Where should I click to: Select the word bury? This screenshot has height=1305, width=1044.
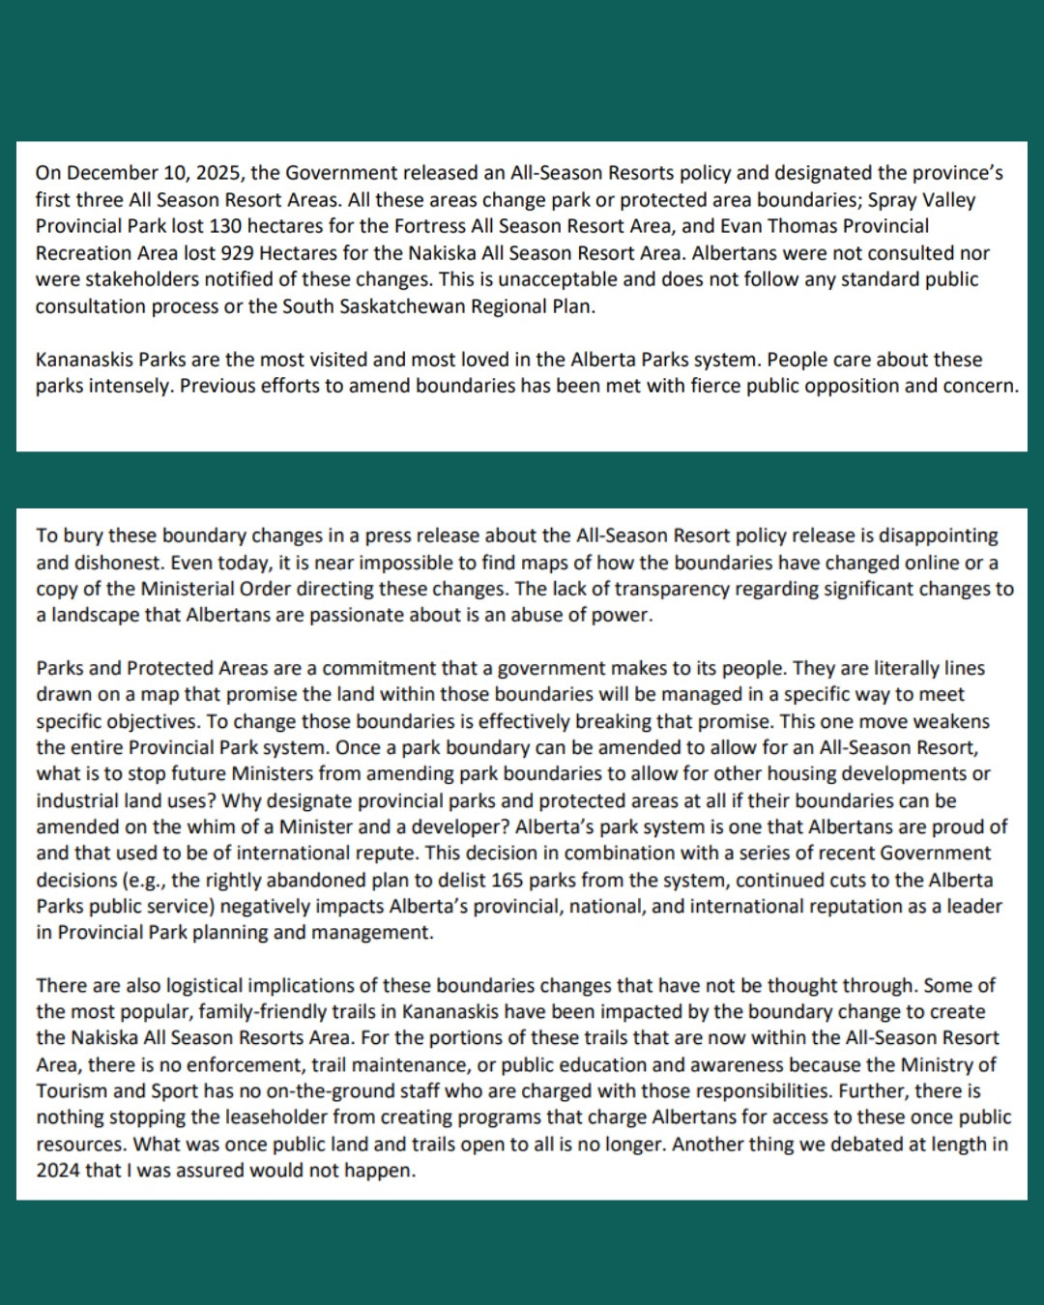(x=81, y=536)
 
